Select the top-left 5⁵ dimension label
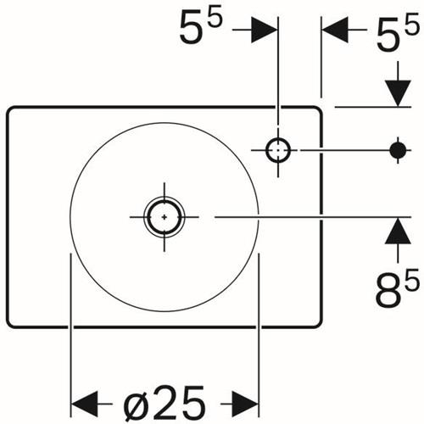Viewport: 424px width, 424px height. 201,27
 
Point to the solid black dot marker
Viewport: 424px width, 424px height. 398,150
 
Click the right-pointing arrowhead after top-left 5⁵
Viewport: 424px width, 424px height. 264,30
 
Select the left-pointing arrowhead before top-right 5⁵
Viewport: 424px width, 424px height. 335,30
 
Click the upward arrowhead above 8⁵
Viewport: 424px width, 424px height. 398,231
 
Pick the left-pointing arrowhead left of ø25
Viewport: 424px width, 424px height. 84,404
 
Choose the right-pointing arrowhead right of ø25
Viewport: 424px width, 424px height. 245,404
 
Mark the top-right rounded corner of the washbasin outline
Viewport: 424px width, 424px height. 320,109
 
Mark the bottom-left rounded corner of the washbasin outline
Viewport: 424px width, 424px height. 10,325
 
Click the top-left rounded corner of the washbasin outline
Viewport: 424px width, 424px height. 10,109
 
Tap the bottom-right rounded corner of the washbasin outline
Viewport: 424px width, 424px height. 320,325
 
